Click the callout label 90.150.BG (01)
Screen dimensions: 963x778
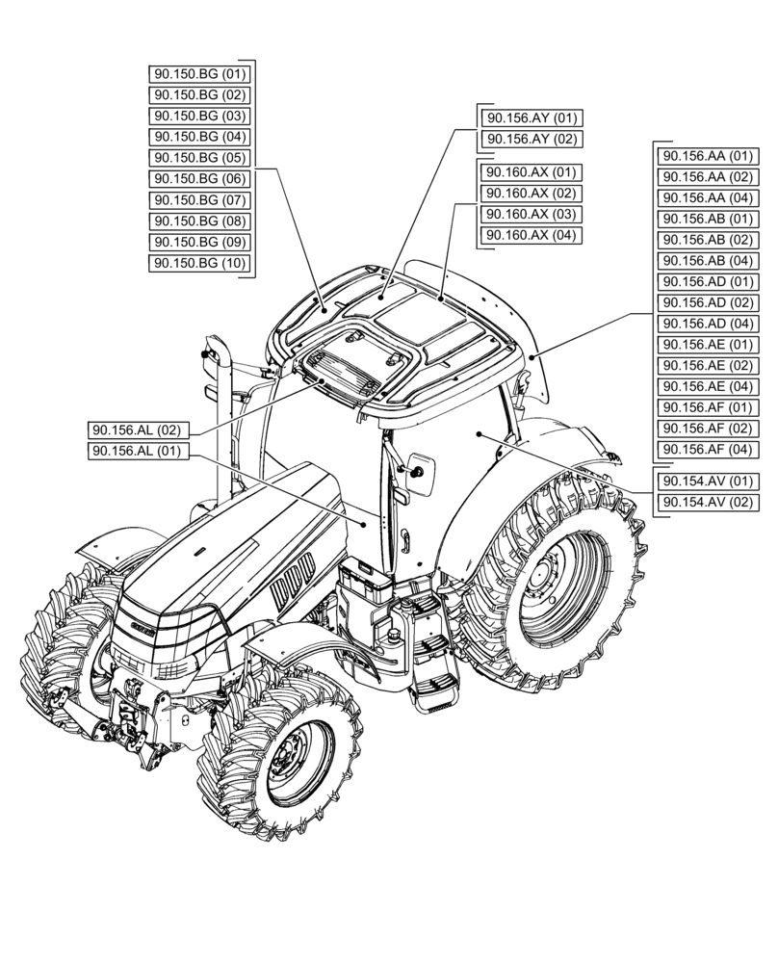200,74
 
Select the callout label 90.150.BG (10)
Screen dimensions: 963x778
200,263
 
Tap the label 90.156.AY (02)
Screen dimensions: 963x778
531,140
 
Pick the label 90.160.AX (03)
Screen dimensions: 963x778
531,214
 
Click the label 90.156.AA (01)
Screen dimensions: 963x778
706,155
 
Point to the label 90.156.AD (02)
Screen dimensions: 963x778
706,302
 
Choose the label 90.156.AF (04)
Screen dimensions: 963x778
706,450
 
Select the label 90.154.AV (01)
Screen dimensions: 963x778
706,481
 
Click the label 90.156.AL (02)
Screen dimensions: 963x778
139,429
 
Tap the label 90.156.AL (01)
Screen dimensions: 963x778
139,451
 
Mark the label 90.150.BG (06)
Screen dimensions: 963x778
200,179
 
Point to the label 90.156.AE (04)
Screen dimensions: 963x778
706,386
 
